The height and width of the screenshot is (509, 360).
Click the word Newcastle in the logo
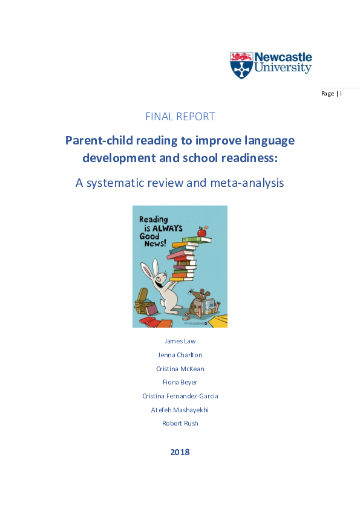(x=283, y=58)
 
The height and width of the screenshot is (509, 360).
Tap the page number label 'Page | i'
(x=332, y=94)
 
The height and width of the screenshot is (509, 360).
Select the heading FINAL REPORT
(x=180, y=117)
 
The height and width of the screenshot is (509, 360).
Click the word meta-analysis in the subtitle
(x=247, y=183)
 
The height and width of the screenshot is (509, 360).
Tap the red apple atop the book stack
(x=201, y=232)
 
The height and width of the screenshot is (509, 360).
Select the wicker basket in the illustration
(x=143, y=299)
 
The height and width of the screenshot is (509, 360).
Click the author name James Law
(x=180, y=341)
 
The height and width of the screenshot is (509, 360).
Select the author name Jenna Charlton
(x=180, y=355)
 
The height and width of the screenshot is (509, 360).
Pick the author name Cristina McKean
(x=180, y=369)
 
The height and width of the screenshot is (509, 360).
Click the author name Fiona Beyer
(x=180, y=382)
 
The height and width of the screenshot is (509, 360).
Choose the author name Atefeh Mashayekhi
(x=180, y=410)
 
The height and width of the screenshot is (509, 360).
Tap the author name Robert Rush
(x=180, y=423)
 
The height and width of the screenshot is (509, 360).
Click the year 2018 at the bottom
(x=180, y=452)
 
